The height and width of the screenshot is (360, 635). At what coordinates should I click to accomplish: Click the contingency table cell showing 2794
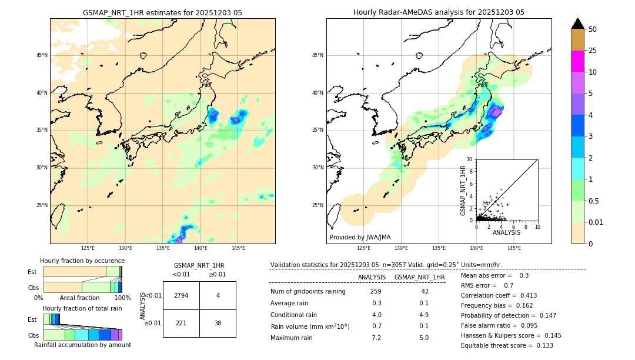[x=181, y=295]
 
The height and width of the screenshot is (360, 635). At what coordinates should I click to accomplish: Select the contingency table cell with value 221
[x=181, y=323]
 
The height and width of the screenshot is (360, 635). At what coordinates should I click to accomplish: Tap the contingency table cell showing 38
[x=218, y=323]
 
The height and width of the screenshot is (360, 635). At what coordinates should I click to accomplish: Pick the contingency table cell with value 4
[x=218, y=295]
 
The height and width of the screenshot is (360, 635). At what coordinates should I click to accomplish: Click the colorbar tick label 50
[x=593, y=29]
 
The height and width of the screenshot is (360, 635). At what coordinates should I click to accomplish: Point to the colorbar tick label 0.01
[x=596, y=222]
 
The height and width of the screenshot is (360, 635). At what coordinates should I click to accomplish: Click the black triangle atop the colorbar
[x=578, y=24]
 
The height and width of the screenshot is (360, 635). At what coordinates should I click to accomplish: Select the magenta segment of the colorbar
[x=578, y=61]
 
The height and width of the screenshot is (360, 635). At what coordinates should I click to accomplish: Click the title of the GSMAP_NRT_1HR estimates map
[x=162, y=12]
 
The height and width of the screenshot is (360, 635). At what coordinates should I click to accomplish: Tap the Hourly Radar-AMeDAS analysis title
[x=439, y=12]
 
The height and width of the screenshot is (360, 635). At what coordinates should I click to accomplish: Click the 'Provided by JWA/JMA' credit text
[x=360, y=237]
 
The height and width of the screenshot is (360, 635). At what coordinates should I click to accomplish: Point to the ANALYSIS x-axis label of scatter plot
[x=506, y=233]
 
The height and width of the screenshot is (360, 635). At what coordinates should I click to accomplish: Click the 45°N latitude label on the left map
[x=42, y=55]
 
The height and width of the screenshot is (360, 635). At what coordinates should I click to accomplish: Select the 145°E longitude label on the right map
[x=514, y=248]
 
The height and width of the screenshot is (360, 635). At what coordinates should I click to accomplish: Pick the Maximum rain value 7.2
[x=376, y=338]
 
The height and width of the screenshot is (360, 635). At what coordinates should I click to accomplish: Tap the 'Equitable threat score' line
[x=507, y=345]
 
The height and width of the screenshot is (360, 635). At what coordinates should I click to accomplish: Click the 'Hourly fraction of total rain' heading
[x=82, y=308]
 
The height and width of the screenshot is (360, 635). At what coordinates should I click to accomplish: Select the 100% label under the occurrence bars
[x=122, y=298]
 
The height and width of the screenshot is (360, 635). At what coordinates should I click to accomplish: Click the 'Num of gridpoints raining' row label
[x=308, y=291]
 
